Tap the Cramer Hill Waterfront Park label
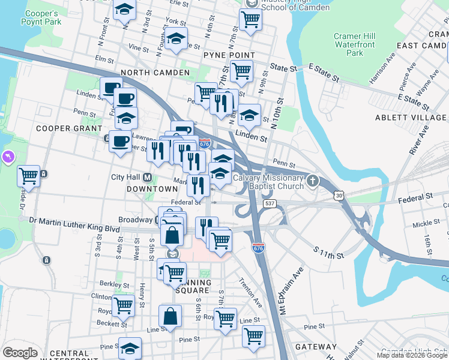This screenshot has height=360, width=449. (x=354, y=44)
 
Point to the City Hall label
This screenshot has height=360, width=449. (x=125, y=178)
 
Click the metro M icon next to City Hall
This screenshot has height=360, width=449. (x=147, y=178)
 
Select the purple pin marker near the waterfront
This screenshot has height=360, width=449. (x=7, y=158)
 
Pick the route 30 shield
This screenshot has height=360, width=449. (x=340, y=196)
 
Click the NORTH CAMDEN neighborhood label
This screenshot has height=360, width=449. (x=155, y=73)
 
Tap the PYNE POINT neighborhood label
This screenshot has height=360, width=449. (x=229, y=55)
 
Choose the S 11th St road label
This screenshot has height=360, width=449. (x=328, y=252)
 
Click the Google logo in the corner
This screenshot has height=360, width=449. (x=20, y=353)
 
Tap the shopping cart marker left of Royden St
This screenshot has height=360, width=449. (x=123, y=305)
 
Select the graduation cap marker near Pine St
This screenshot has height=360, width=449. (x=130, y=349)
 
